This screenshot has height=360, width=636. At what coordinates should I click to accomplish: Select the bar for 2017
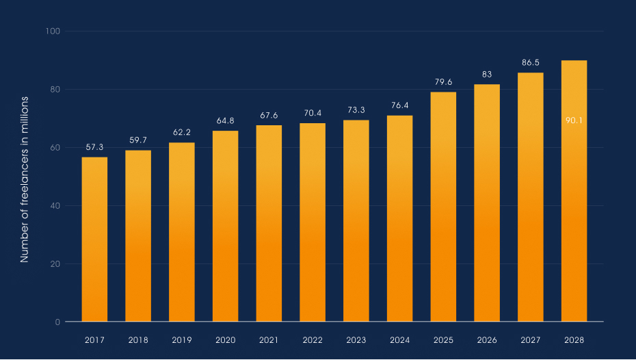pos(94,240)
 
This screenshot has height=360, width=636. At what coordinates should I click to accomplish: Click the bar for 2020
pos(225,226)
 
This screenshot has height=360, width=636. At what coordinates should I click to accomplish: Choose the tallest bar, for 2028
pos(574,191)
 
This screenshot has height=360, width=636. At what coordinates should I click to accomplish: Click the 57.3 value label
pos(94,147)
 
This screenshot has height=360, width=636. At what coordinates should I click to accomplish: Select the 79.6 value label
pos(443,82)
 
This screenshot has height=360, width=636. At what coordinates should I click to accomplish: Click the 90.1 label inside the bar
pos(574,120)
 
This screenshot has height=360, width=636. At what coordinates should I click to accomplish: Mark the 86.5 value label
pos(530,62)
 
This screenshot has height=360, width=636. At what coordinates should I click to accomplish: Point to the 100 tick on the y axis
pos(53,31)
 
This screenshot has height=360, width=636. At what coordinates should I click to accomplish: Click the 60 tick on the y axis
pos(54,148)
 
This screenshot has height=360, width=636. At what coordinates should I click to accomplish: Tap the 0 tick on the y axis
pos(57,322)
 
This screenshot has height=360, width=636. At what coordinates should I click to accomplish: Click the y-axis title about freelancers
pos(25,179)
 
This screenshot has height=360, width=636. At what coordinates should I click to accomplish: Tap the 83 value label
pos(487,74)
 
